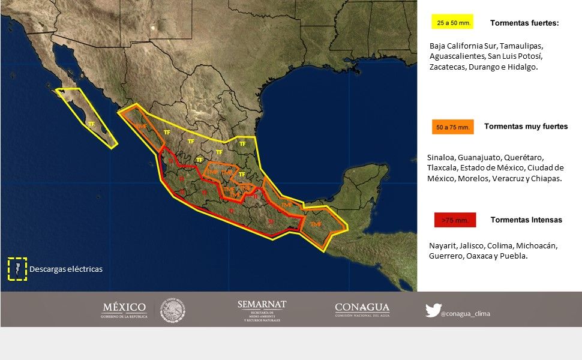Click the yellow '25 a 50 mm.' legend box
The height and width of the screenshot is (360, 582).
pyautogui.click(x=452, y=23)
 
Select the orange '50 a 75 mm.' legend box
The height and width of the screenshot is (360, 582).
pyautogui.click(x=452, y=127)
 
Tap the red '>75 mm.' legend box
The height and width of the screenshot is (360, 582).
pyautogui.click(x=455, y=220)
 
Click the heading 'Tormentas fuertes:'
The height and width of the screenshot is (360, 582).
pyautogui.click(x=524, y=23)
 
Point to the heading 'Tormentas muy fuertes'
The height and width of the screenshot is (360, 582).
pyautogui.click(x=526, y=127)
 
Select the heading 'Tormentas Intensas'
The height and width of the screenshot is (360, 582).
pyautogui.click(x=526, y=220)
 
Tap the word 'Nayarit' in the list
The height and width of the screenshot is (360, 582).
pyautogui.click(x=442, y=246)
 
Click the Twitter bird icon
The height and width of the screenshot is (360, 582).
pyautogui.click(x=433, y=310)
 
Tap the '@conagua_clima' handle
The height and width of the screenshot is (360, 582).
pyautogui.click(x=465, y=313)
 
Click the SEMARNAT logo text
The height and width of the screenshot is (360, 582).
pyautogui.click(x=262, y=305)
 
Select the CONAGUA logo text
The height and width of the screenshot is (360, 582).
pyautogui.click(x=362, y=308)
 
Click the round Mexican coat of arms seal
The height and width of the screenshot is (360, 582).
pyautogui.click(x=173, y=311)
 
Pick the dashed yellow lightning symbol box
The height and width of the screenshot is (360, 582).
pyautogui.click(x=17, y=269)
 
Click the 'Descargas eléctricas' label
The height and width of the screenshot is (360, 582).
pyautogui.click(x=66, y=269)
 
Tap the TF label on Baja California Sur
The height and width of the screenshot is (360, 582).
pyautogui.click(x=91, y=124)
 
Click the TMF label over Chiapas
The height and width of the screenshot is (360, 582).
pyautogui.click(x=316, y=224)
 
